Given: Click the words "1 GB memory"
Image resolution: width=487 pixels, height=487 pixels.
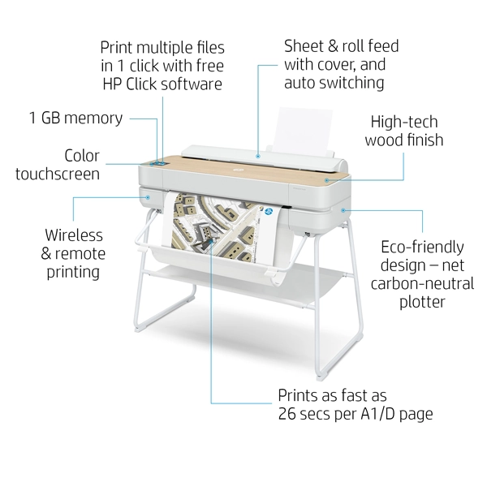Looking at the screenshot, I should (x=76, y=119).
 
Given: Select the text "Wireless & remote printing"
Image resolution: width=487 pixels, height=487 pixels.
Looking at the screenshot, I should (x=73, y=252).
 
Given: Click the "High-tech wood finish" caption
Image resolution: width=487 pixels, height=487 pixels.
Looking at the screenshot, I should (x=403, y=131).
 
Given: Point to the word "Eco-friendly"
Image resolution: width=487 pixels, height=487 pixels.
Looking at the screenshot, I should (x=422, y=247).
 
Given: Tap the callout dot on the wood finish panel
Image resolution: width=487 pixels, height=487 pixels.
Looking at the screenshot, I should (x=325, y=179).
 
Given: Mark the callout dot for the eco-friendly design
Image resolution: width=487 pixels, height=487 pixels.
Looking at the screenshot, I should (x=344, y=210).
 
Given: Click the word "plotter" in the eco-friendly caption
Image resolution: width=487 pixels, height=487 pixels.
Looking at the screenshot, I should (x=422, y=301).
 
